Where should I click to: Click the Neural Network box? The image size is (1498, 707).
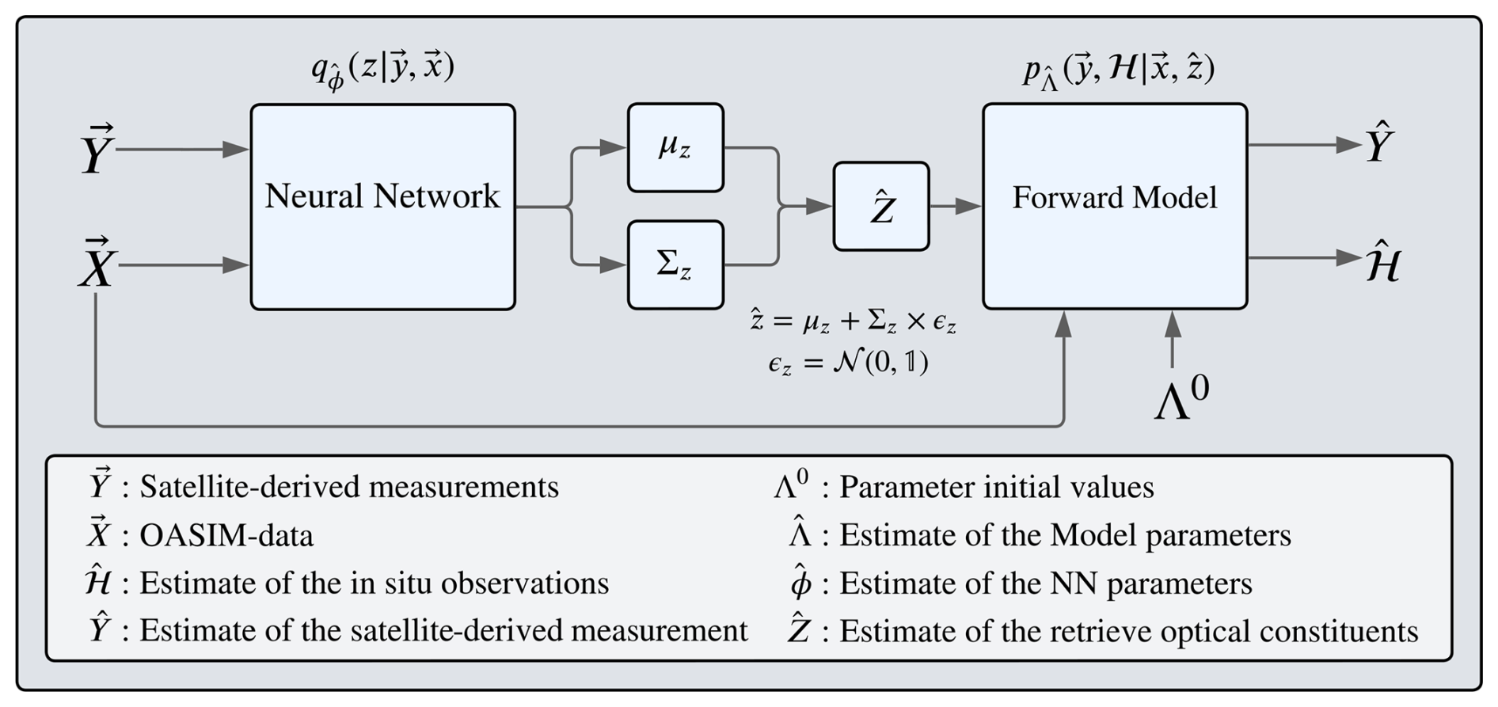382,207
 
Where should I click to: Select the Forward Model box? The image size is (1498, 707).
1115,206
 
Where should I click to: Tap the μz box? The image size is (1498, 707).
675,147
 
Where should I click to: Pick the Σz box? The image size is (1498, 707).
675,264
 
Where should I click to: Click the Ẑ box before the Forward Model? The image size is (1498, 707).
881,207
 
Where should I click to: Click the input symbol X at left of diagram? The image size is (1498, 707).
97,264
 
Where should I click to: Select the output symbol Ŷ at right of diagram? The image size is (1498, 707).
1379,145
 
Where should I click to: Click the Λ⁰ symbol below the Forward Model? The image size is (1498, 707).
1181,400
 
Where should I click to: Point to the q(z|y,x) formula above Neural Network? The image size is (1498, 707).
382,70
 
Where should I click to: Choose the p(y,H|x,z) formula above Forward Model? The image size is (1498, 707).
1118,70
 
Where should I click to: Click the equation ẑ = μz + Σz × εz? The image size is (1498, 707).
853,321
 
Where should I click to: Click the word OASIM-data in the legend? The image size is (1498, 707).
226,536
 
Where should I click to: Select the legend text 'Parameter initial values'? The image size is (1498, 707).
996,487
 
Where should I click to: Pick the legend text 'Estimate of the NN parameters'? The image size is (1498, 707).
1045,584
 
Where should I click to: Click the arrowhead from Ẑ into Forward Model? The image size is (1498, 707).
969,207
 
